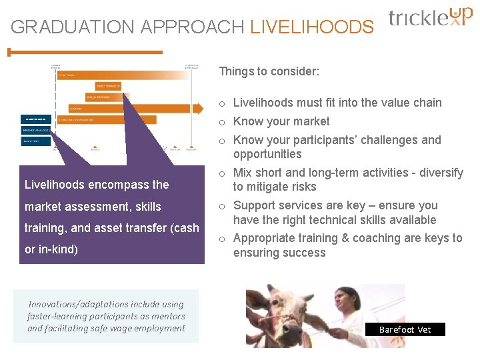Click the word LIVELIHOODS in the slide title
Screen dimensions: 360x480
(311, 27)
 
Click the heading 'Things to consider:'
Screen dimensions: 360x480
(269, 71)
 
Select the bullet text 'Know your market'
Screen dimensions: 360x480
(281, 121)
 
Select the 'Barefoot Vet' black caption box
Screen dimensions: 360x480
(405, 329)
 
